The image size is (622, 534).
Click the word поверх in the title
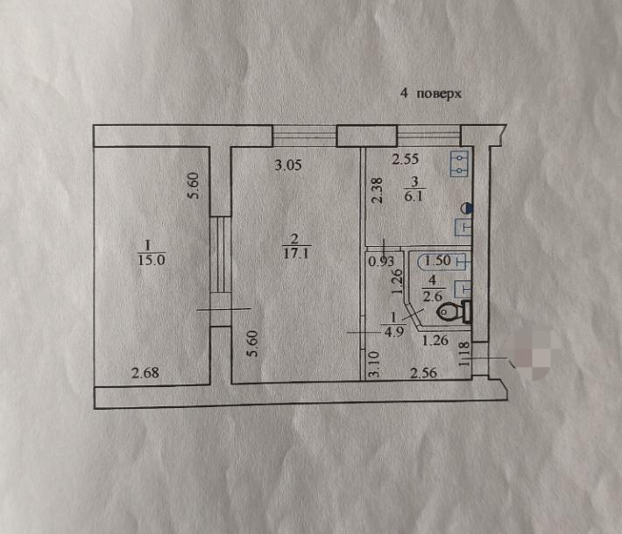[x=439, y=95]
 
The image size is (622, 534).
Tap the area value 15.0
[x=152, y=260]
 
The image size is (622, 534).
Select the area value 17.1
[x=296, y=253]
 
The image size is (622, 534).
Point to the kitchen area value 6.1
[x=413, y=196]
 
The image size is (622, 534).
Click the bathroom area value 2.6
[x=432, y=296]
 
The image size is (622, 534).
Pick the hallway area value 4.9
[x=394, y=332]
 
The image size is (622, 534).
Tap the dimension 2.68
[x=145, y=373]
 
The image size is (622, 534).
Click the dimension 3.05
[x=288, y=165]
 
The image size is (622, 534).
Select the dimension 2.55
[x=405, y=159]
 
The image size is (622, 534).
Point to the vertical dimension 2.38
[x=377, y=190]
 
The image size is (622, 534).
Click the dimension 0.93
[x=381, y=262]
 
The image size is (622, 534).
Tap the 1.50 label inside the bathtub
[x=437, y=261]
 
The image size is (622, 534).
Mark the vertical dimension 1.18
[x=463, y=354]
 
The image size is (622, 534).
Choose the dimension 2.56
[x=423, y=373]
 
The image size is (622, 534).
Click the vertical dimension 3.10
[x=374, y=364]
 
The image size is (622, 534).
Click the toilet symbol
[x=455, y=312]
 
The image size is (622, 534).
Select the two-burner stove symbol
[x=459, y=164]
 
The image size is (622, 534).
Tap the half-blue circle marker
[x=466, y=207]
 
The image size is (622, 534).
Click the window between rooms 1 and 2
[x=220, y=255]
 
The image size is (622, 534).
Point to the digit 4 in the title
[x=404, y=93]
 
